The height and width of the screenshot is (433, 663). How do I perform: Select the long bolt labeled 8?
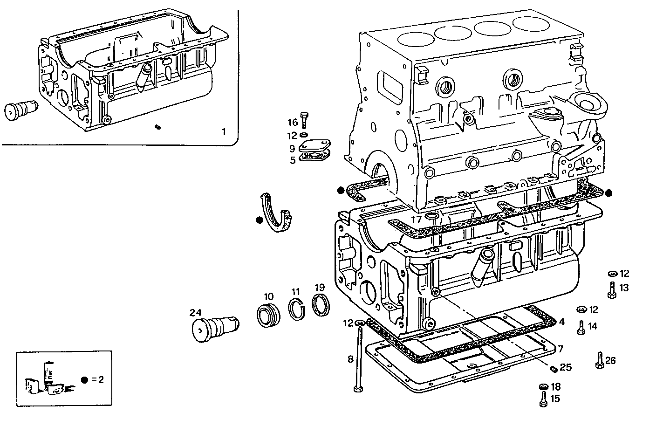tap(359, 359)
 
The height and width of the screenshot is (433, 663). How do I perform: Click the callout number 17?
tap(416, 219)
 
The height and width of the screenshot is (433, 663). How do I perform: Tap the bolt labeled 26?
tap(600, 360)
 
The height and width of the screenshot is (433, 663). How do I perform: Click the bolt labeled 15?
tap(543, 399)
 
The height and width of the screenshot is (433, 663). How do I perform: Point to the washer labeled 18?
tap(543, 386)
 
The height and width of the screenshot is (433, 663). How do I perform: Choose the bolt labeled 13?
tap(612, 290)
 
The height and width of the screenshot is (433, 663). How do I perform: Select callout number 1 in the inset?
tap(223, 132)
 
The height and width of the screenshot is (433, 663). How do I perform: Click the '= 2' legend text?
tap(97, 379)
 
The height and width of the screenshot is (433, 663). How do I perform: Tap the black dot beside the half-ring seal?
tap(260, 220)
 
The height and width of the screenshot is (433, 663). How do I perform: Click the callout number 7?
tap(560, 349)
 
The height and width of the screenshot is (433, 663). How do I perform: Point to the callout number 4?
tap(561, 322)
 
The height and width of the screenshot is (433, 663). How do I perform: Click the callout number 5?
tap(292, 160)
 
